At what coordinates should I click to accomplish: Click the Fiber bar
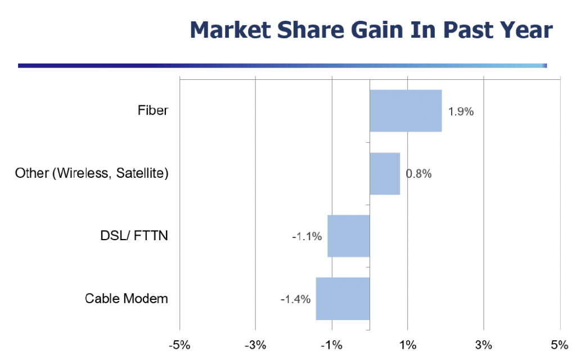click(x=406, y=111)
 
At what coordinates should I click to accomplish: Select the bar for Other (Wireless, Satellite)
click(x=385, y=173)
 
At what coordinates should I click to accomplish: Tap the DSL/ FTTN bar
click(x=349, y=236)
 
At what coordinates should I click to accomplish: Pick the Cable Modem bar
click(x=343, y=299)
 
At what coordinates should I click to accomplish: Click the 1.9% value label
click(x=461, y=111)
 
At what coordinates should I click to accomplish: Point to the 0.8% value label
click(x=418, y=174)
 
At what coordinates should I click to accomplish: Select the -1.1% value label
click(x=307, y=236)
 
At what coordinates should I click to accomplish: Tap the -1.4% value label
click(x=295, y=299)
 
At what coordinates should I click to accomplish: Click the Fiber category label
click(x=153, y=110)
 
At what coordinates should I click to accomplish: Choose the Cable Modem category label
click(x=127, y=298)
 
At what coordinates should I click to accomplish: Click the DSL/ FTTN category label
click(x=134, y=236)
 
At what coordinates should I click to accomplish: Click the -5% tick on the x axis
click(x=179, y=345)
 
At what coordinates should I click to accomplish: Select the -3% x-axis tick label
click(x=255, y=345)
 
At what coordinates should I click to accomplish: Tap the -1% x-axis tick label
click(x=331, y=345)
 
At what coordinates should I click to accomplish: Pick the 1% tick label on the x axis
click(x=408, y=345)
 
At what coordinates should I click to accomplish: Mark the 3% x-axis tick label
click(x=483, y=345)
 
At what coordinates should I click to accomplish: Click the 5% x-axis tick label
click(x=560, y=345)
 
